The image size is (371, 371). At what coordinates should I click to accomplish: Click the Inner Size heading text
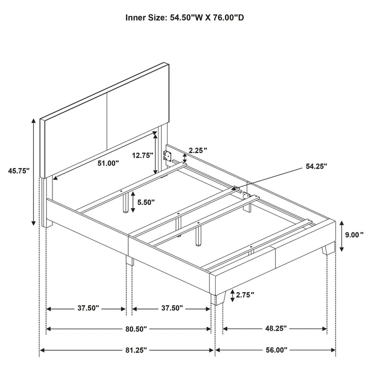point(185,17)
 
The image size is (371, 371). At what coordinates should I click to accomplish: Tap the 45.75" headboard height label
point(18,171)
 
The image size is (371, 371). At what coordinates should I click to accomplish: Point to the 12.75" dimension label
point(143,155)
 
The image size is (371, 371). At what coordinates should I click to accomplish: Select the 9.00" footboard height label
point(355,235)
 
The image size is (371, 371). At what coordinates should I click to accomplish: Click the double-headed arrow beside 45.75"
point(34,171)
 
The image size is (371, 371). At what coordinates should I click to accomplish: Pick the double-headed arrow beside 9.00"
point(342,235)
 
